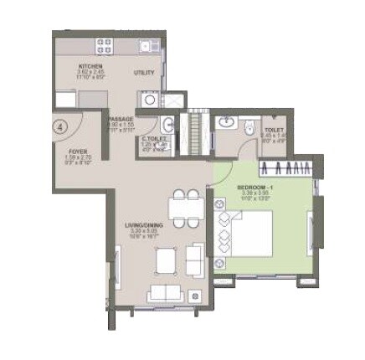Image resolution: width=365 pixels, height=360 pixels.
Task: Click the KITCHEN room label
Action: click(x=90, y=65)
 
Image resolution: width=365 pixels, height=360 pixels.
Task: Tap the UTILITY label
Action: click(x=144, y=73)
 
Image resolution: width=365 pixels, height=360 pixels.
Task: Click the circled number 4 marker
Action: click(x=60, y=128)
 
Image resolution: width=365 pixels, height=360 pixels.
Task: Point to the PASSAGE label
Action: click(x=121, y=120)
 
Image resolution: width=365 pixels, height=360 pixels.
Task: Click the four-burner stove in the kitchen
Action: click(x=105, y=46)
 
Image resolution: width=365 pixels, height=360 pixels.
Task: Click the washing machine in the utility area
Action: click(x=148, y=100)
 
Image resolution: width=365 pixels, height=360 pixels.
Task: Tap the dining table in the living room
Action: click(x=184, y=205)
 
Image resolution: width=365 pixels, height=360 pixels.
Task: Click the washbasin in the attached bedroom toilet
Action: click(x=225, y=123)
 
